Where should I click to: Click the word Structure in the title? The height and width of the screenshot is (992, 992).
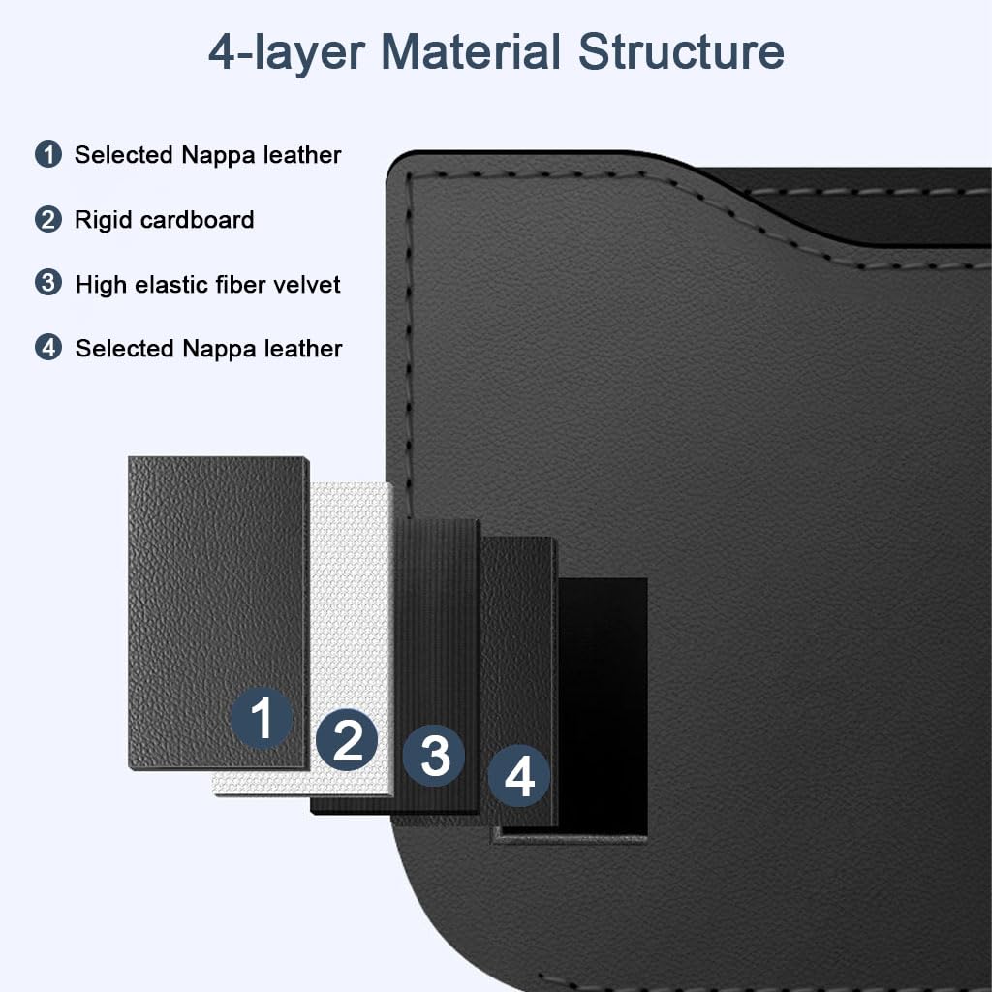681,51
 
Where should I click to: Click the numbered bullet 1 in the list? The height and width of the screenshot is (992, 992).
48,154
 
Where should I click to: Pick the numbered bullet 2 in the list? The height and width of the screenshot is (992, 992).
48,219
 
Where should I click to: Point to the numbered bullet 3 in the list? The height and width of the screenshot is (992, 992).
48,284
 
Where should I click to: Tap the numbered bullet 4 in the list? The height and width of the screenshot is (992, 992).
48,348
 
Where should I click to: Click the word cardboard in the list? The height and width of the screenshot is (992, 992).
197,220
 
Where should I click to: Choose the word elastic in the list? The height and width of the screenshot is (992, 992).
167,285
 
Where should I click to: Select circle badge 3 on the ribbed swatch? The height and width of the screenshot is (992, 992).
434,756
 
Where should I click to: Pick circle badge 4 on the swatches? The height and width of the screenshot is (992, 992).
519,776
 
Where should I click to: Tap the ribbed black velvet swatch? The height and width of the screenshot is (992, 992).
437,620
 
